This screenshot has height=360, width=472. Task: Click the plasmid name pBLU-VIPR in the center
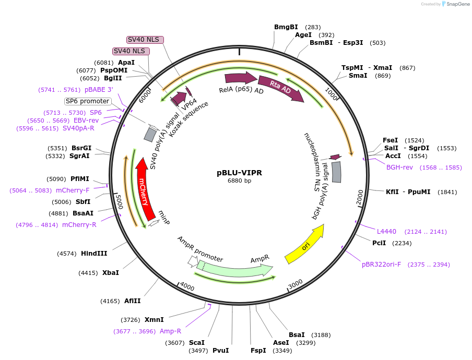(240, 173)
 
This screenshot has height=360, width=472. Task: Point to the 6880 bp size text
(240, 181)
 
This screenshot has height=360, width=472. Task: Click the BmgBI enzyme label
(286, 27)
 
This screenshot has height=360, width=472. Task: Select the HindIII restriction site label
(94, 254)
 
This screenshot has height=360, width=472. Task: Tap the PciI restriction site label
(379, 243)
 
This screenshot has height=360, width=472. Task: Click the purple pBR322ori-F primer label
(382, 265)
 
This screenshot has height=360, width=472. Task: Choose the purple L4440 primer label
(386, 231)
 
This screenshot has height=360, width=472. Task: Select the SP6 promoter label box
(87, 101)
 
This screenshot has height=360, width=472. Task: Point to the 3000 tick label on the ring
(296, 283)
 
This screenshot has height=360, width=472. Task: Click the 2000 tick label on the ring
(360, 198)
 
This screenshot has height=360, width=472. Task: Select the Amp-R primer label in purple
(170, 331)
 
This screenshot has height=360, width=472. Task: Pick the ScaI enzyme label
(197, 343)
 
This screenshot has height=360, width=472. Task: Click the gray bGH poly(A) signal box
(337, 172)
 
